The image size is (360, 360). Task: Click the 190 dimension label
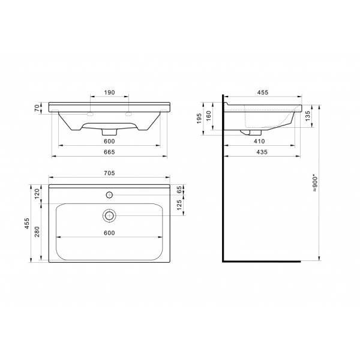pos(109,94)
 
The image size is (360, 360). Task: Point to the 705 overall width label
pos(109,173)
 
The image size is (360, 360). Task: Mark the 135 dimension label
pos(308,115)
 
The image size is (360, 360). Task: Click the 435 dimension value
pos(262,152)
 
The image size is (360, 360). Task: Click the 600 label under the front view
pos(109,141)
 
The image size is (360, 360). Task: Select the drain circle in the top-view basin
pos(109,215)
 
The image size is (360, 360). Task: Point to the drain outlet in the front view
pos(109,131)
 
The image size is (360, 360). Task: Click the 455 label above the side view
pos(262,93)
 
